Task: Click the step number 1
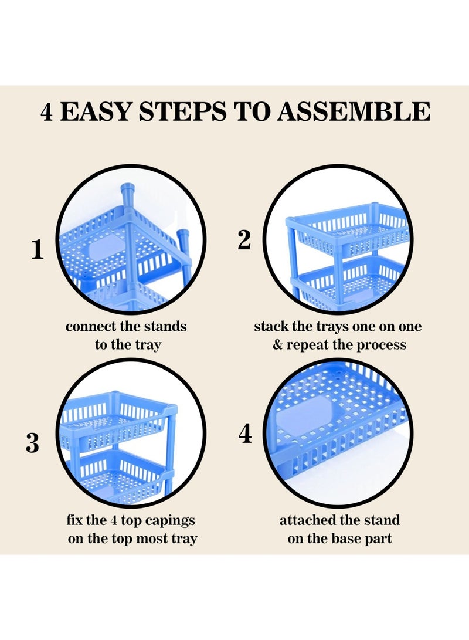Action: pos(38,249)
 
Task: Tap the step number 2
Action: pos(244,239)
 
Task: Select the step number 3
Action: pos(33,443)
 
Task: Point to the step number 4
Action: pos(244,434)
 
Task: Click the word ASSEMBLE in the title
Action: pos(354,111)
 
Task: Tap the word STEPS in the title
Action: pos(182,111)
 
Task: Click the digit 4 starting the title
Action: pos(47,111)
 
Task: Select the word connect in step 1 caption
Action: pos(91,327)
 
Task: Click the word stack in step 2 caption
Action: pos(271,327)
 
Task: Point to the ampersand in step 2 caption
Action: pos(278,345)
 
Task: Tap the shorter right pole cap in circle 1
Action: pos(183,237)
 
